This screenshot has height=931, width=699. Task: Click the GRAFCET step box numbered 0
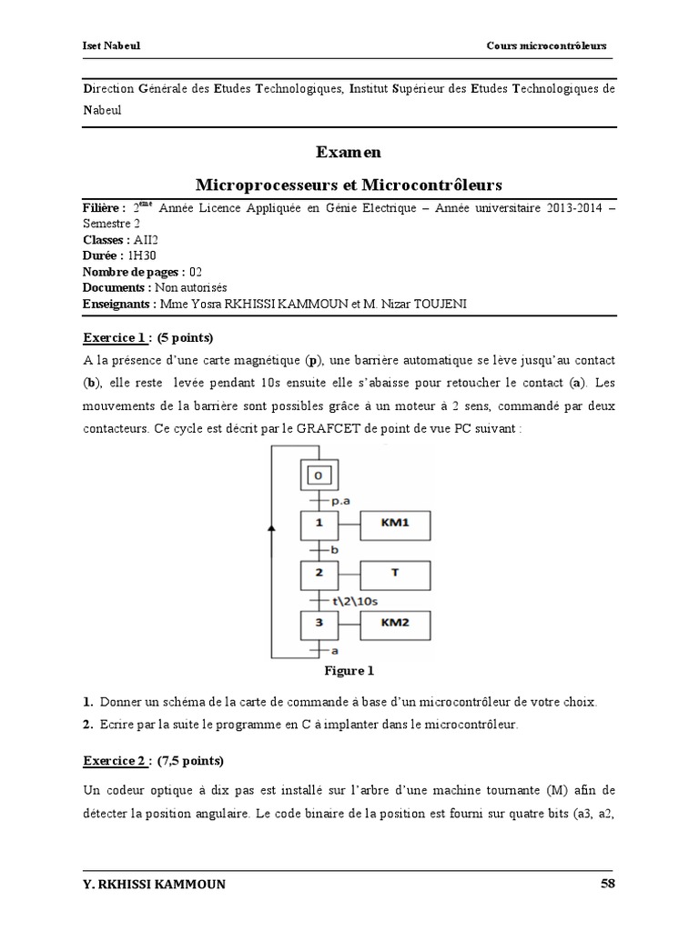pyautogui.click(x=319, y=476)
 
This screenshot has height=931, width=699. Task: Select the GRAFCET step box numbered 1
pyautogui.click(x=319, y=525)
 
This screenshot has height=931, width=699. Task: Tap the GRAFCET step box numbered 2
pyautogui.click(x=319, y=575)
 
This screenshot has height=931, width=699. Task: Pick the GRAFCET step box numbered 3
pyautogui.click(x=319, y=625)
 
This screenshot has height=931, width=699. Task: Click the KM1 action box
pyautogui.click(x=396, y=525)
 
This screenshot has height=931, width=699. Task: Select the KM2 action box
pyautogui.click(x=396, y=625)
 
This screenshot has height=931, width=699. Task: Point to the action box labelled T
pyautogui.click(x=396, y=575)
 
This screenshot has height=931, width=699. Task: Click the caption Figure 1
pyautogui.click(x=349, y=672)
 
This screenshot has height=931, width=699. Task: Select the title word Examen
pyautogui.click(x=349, y=152)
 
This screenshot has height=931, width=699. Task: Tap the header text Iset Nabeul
pyautogui.click(x=106, y=45)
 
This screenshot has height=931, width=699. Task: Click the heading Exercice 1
pyautogui.click(x=116, y=338)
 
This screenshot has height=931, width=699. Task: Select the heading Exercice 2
pyautogui.click(x=116, y=760)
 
